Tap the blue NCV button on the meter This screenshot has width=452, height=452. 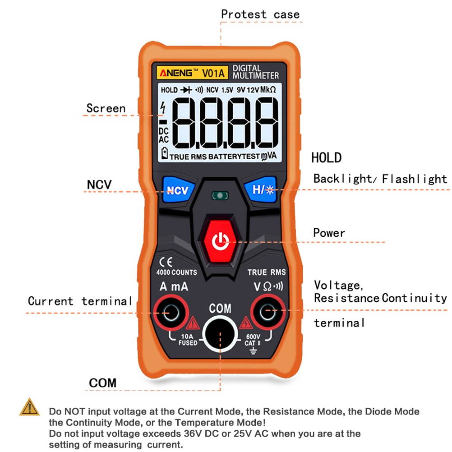177,190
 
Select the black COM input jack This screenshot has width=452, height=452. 221,334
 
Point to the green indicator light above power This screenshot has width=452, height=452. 220,196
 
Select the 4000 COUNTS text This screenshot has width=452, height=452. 176,272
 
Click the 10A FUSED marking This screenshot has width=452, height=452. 187,340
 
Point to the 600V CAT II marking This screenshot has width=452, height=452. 253,340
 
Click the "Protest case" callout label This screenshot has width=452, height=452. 260,14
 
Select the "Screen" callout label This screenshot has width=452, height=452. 106,108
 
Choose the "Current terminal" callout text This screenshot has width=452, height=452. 80,301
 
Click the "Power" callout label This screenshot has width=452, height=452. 329,233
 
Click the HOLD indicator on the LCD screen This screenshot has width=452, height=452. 169,90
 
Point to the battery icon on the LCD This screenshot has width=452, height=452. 164,154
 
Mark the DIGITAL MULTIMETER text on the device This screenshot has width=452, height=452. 255,72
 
